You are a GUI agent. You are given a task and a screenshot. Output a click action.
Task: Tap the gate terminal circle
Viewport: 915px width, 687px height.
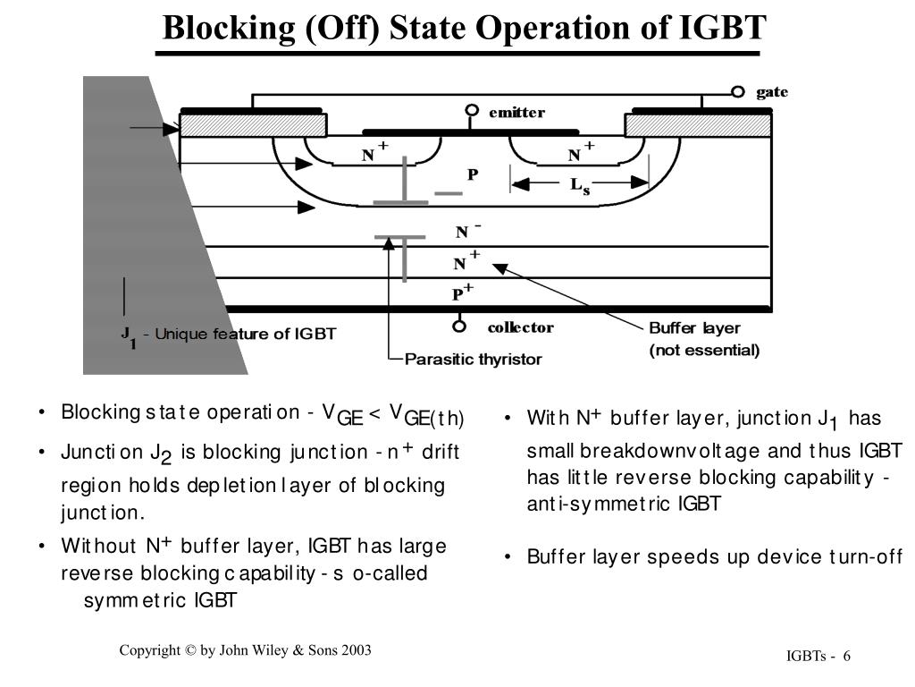coord(738,92)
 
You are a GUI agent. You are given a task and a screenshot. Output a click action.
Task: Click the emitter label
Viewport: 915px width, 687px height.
coord(516,113)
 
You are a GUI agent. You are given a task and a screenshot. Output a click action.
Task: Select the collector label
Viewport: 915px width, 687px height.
coord(520,327)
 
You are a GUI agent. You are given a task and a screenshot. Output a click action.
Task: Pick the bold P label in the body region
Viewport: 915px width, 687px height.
coord(474,175)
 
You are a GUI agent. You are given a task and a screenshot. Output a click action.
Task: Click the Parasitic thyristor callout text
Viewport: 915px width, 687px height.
coord(474,359)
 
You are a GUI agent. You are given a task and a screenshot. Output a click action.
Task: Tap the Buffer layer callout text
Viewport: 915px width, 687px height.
coord(694,328)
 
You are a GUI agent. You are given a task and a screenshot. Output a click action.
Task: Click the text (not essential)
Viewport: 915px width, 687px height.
coord(704,350)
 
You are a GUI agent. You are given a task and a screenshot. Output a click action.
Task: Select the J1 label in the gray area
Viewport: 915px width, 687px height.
coord(129,336)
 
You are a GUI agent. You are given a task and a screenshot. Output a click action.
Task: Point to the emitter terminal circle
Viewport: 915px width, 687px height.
coord(472,112)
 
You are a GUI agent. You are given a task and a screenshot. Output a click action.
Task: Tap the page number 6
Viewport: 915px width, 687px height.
coord(846,658)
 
